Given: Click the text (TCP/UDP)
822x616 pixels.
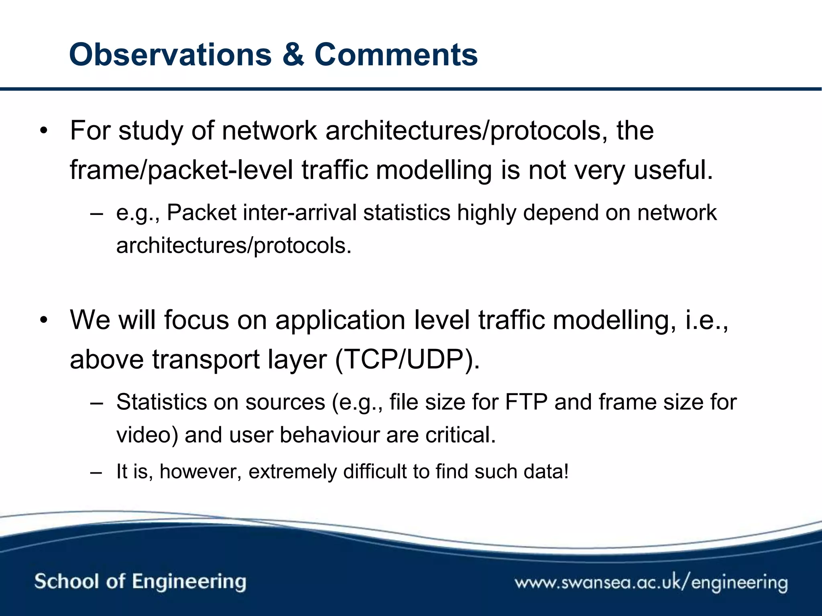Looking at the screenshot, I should point(407,359).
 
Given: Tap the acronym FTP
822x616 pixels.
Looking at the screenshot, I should point(526,402).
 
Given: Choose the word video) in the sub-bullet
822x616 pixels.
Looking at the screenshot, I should point(147,436).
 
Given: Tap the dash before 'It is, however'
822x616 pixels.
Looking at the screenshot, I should point(96,472).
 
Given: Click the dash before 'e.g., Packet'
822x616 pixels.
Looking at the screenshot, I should point(96,213).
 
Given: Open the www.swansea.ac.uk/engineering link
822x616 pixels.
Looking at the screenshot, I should point(651,582).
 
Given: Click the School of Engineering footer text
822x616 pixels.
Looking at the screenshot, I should point(140,582).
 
